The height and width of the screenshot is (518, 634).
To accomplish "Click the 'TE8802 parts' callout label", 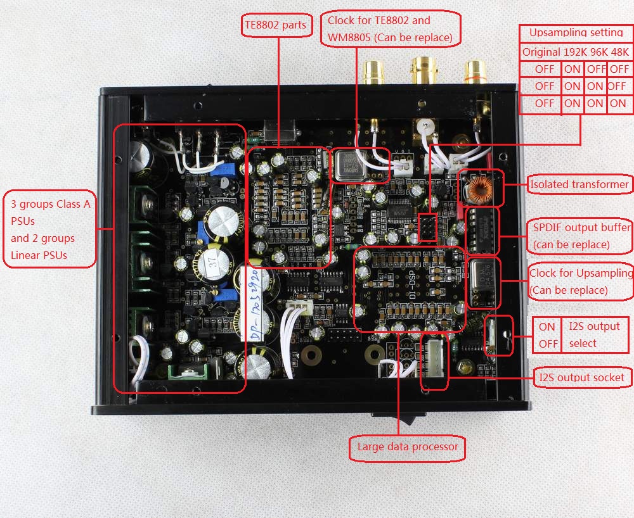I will point(275,26).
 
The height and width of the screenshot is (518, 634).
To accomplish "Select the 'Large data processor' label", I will point(408,447).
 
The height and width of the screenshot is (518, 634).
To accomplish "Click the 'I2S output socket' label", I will point(582,378).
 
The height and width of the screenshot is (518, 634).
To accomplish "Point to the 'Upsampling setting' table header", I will point(575,32).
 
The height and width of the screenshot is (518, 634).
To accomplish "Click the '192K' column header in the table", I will point(573,52).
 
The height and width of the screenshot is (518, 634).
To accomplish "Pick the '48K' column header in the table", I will point(619,52).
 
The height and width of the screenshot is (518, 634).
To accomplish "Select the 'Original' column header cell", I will point(541,52).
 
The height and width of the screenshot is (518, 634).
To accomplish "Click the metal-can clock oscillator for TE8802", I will point(349,164).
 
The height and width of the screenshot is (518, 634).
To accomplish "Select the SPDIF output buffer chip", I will point(481,229).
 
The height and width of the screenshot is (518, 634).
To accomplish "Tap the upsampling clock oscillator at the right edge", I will point(483,282).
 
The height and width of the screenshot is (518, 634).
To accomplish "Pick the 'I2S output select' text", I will point(594,334).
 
